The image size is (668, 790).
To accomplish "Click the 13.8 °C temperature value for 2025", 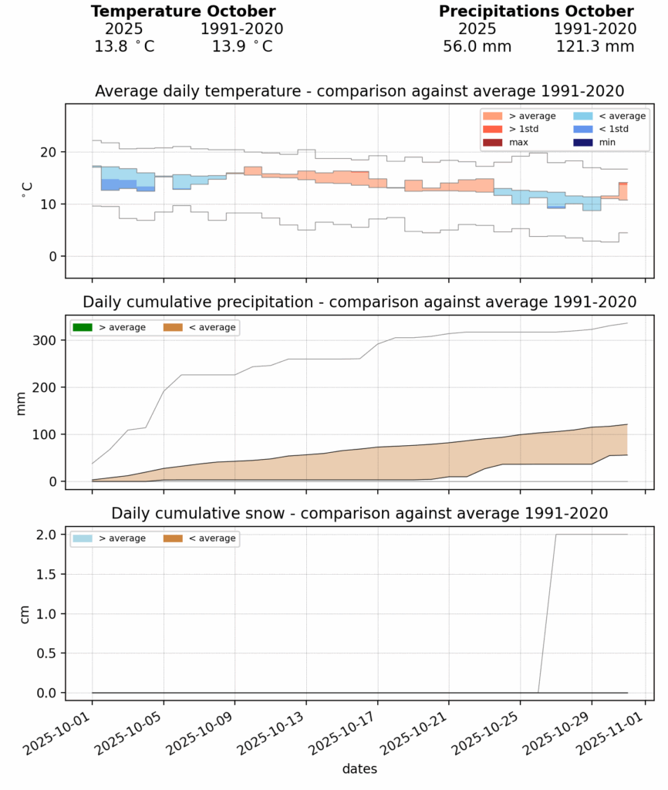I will pos(124,46).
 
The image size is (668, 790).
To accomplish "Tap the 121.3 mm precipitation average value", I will pos(595,46).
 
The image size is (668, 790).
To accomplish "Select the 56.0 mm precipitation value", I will pos(477,46).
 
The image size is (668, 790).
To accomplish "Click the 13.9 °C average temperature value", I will pos(241,46).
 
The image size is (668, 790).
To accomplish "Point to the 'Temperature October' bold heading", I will pos(183,12).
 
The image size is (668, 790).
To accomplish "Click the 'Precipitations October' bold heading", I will pos(536,12).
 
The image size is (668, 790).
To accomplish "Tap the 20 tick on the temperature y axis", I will pos(50,153).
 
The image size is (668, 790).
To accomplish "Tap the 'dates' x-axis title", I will pos(359,769).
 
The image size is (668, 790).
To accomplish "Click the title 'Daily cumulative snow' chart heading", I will pos(359,513).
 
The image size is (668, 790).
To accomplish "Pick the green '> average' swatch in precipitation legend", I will pos(82,328).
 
